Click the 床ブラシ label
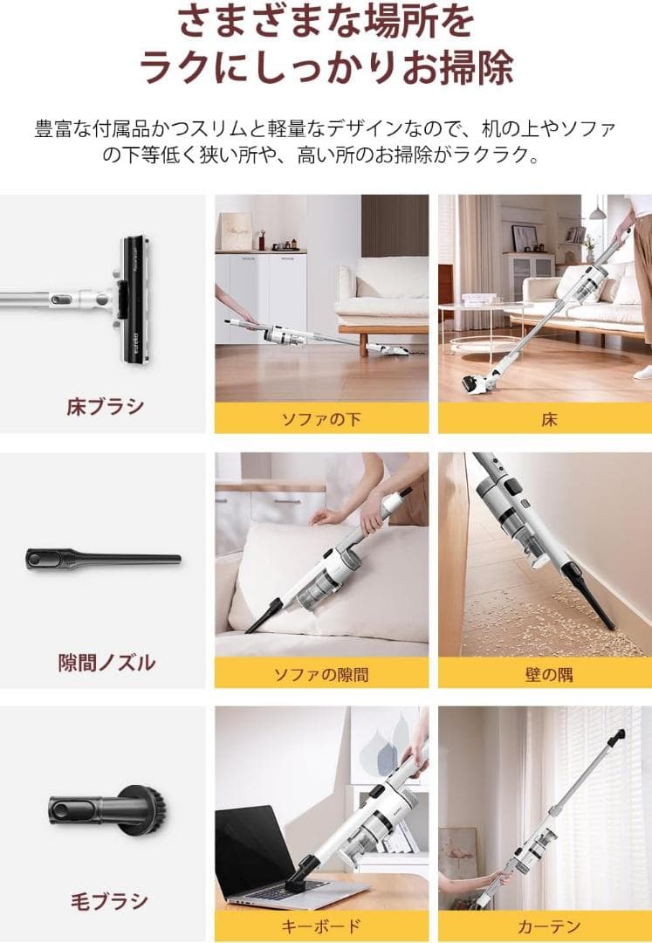[105, 407]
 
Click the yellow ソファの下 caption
[321, 419]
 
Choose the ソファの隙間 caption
[321, 674]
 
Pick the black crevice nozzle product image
[103, 557]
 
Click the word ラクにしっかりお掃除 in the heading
[326, 67]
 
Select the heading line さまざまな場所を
[326, 22]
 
